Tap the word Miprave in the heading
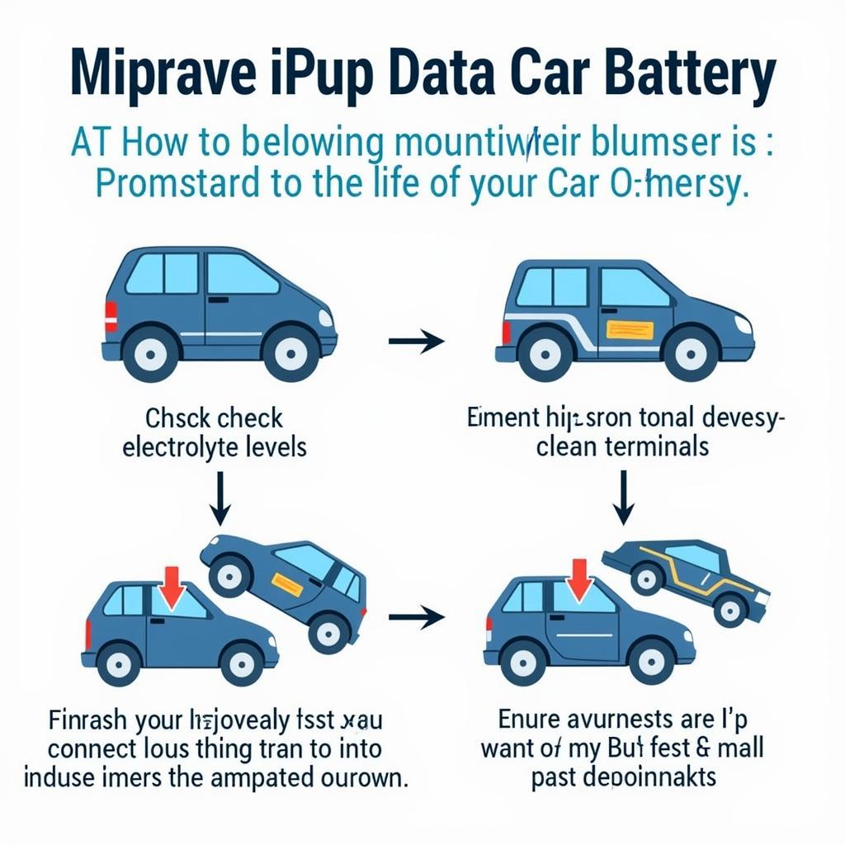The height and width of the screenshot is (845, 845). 158,77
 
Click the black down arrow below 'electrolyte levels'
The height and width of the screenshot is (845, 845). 220,499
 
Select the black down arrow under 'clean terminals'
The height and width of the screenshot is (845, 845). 625,499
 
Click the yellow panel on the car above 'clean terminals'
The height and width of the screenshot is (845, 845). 630,330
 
